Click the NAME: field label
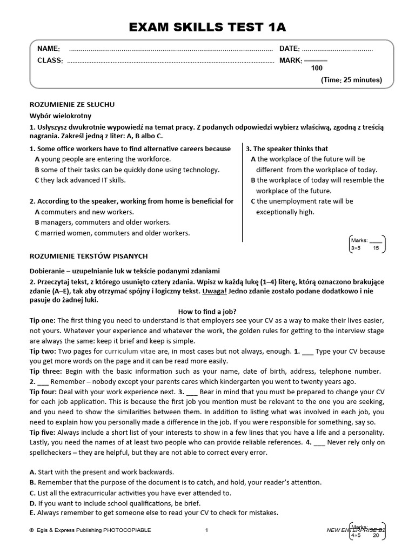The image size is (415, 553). tap(48, 49)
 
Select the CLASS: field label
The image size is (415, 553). tap(50, 60)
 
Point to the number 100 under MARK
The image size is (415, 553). tap(317, 68)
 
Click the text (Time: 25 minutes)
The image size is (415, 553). tap(351, 80)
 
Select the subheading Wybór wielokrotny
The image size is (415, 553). tap(60, 116)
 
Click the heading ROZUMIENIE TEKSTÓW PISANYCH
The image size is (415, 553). tap(88, 256)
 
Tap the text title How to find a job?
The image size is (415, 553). tap(207, 312)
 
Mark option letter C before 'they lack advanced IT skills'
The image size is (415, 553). tap(37, 180)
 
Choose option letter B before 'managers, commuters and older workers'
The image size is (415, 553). tap(37, 222)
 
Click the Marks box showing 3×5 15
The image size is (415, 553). tap(367, 244)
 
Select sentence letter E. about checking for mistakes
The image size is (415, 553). tap(32, 512)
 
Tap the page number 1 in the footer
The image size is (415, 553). tap(206, 530)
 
